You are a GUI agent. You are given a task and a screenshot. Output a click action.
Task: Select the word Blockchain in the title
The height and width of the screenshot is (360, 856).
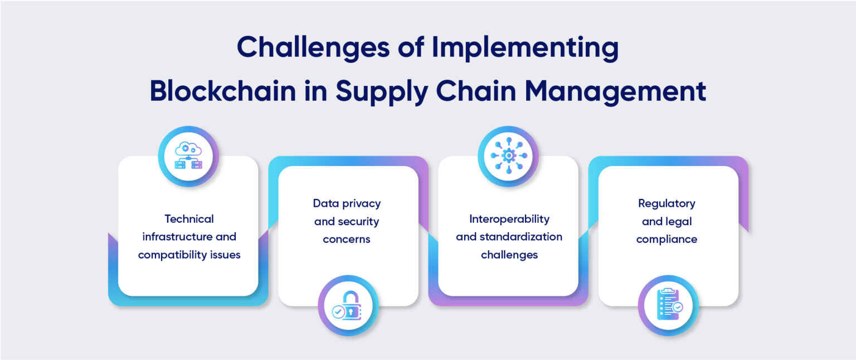pyautogui.click(x=223, y=91)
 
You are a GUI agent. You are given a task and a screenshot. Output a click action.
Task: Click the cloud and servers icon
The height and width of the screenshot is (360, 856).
pyautogui.click(x=188, y=156)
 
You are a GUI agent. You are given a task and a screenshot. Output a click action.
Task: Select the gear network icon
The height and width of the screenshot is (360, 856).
pyautogui.click(x=508, y=156)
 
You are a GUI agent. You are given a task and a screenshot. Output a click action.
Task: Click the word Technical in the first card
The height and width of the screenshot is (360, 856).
pyautogui.click(x=189, y=219)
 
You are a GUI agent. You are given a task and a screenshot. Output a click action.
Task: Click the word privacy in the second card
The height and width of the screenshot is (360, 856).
pyautogui.click(x=361, y=203)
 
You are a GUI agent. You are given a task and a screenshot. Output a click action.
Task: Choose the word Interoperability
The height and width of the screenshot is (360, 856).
pyautogui.click(x=509, y=219)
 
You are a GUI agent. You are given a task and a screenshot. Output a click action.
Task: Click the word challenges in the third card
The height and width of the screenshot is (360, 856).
pyautogui.click(x=509, y=255)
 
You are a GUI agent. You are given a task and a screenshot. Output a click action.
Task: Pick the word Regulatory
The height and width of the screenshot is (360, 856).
pyautogui.click(x=667, y=203)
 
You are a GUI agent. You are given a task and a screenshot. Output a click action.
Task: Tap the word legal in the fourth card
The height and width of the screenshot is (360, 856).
pyautogui.click(x=678, y=221)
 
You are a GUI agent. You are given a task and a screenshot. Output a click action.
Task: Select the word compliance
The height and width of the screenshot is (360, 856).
pyautogui.click(x=667, y=239)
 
